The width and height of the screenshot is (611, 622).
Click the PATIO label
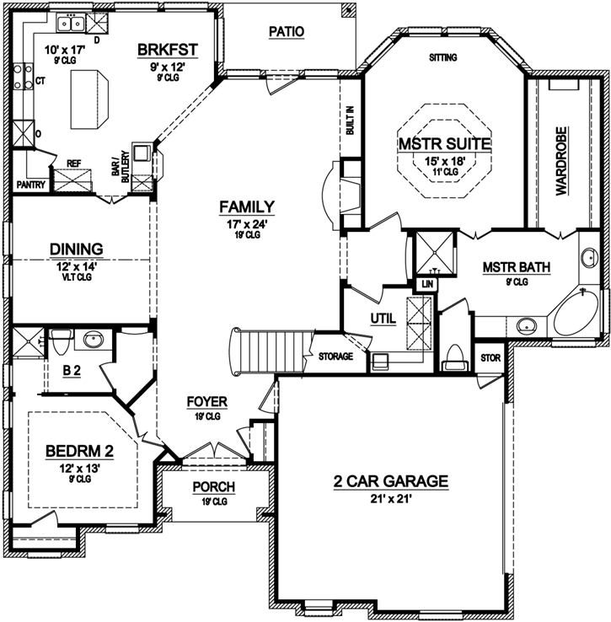click(x=286, y=32)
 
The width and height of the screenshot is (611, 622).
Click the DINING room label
click(x=76, y=249)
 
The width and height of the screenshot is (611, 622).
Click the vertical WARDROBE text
click(x=561, y=161)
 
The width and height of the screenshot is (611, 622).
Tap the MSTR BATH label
click(x=517, y=268)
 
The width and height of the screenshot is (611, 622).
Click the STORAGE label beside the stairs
click(x=335, y=357)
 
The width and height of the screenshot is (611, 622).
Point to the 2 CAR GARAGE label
click(x=389, y=482)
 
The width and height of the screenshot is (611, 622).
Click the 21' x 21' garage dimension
click(x=389, y=500)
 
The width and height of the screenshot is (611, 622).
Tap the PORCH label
click(x=213, y=488)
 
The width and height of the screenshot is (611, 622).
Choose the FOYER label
click(x=206, y=402)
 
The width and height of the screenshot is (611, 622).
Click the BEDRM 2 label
click(x=78, y=451)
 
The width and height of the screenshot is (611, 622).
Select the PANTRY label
click(x=30, y=184)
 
